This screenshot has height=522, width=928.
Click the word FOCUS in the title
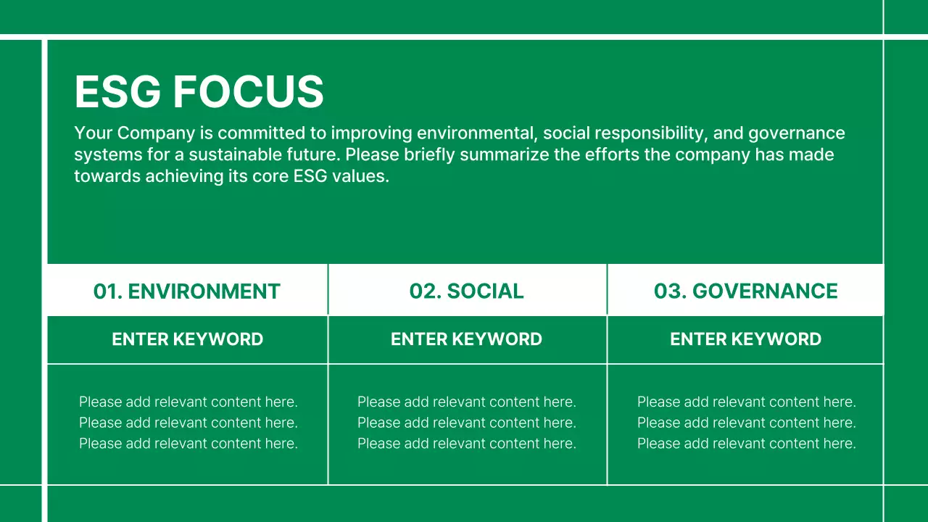point(248,92)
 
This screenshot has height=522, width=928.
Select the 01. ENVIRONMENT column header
point(187,291)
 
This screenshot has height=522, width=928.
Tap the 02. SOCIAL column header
point(466,291)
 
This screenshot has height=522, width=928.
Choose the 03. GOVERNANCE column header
point(745,291)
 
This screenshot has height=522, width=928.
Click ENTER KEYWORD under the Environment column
point(187,339)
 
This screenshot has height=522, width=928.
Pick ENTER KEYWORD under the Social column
point(466,339)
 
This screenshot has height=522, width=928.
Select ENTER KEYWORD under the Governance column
point(745,339)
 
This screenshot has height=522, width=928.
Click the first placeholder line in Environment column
point(188,402)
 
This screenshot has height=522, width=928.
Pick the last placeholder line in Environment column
point(188,444)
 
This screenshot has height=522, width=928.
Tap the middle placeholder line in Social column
point(467,423)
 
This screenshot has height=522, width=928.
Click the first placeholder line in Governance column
point(746,402)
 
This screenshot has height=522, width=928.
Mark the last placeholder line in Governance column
point(746,444)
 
